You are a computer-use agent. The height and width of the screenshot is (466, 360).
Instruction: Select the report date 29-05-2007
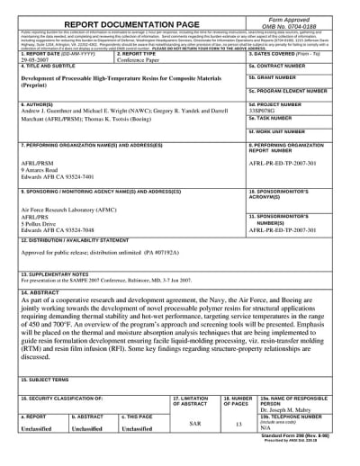(34, 65)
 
